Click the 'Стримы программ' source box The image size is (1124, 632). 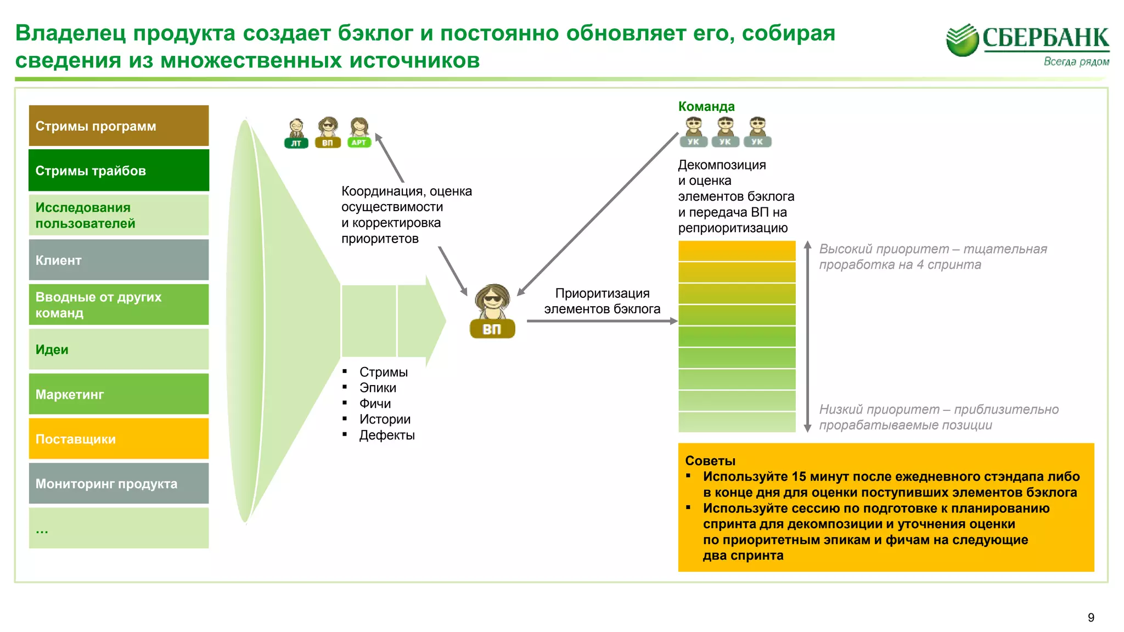pyautogui.click(x=119, y=126)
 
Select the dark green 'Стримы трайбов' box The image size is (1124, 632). pyautogui.click(x=119, y=171)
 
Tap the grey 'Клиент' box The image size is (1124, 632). pyautogui.click(x=119, y=260)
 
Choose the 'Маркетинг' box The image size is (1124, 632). pyautogui.click(x=119, y=394)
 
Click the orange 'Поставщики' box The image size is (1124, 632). pyautogui.click(x=119, y=439)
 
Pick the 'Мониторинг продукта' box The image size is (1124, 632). pyautogui.click(x=119, y=483)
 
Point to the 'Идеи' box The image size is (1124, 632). pyautogui.click(x=119, y=349)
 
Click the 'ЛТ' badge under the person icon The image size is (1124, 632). pyautogui.click(x=296, y=143)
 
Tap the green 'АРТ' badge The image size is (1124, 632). pyautogui.click(x=359, y=143)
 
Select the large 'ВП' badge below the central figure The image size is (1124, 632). pyautogui.click(x=492, y=329)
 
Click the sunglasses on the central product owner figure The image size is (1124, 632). pyautogui.click(x=492, y=299)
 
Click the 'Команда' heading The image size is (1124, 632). pyautogui.click(x=706, y=106)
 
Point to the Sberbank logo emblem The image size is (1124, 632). pyautogui.click(x=962, y=39)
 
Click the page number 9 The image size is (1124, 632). pyautogui.click(x=1091, y=618)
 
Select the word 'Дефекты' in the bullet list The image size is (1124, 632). pyautogui.click(x=387, y=435)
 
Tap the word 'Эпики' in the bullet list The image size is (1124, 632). pyautogui.click(x=378, y=388)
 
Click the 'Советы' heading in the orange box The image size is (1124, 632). pyautogui.click(x=710, y=461)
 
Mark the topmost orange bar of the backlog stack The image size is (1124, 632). pyautogui.click(x=737, y=251)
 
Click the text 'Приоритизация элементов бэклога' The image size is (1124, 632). pyautogui.click(x=602, y=301)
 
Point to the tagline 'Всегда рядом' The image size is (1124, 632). pyautogui.click(x=1076, y=61)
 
